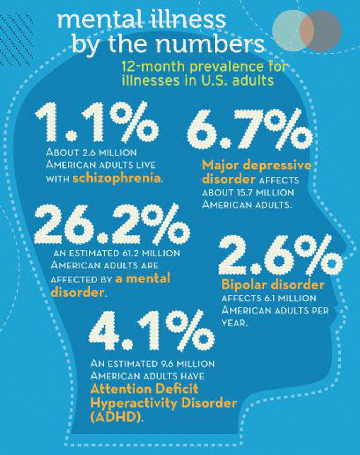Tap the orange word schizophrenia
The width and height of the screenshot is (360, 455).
116,178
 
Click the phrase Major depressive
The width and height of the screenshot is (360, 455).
256,165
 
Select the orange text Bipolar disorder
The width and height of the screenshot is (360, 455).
273,285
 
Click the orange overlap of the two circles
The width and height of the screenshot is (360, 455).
306,30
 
